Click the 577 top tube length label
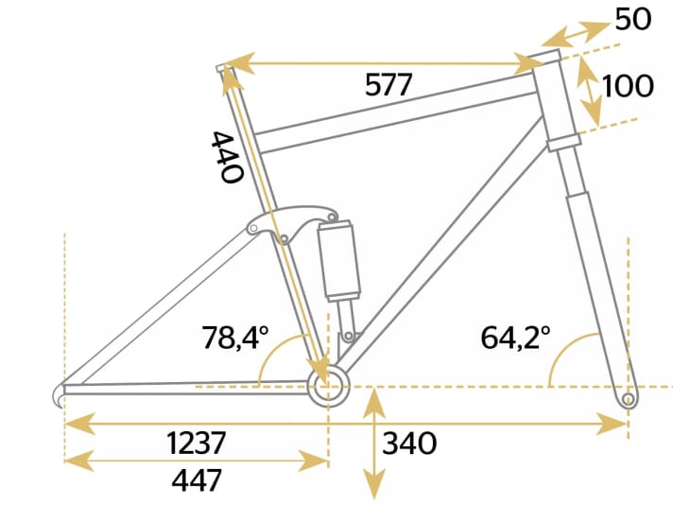pos(388,85)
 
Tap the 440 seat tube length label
pos(228,156)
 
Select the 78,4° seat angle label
pos(235,338)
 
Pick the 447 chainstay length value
pos(196,480)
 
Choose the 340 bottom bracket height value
pos(410,444)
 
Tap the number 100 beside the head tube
pos(628,86)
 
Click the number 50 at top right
pos(632,19)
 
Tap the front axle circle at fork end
pos(627,401)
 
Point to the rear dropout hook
pos(60,393)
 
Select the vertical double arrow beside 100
pos(590,87)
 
